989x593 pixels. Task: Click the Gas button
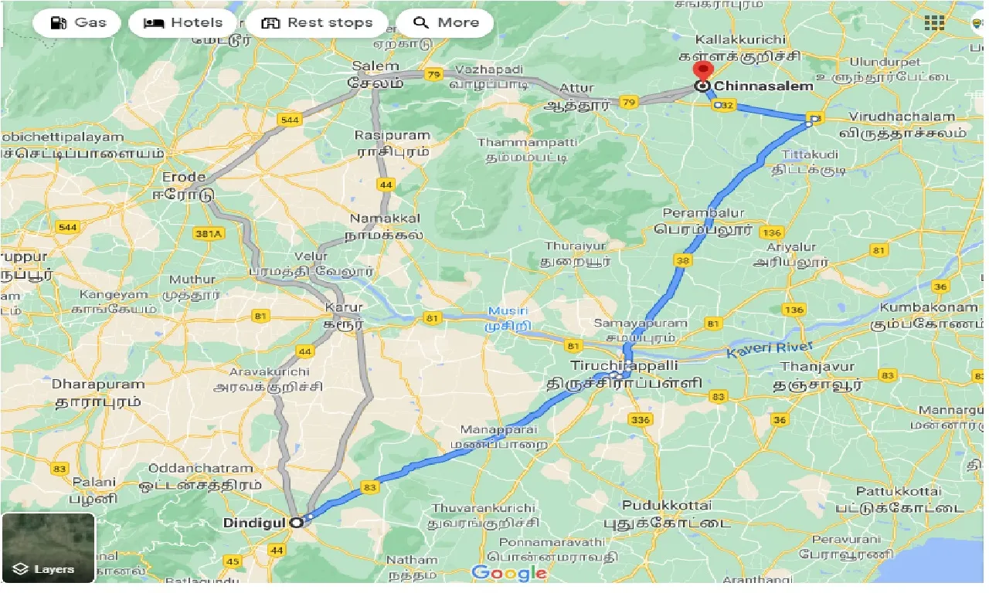tap(77, 22)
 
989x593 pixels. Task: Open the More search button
tap(446, 22)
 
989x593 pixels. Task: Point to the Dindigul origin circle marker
tap(296, 523)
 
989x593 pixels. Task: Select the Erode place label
tap(184, 177)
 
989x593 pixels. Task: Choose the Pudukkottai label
tap(668, 505)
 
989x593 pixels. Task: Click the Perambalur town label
tap(704, 213)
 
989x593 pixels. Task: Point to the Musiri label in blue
tap(506, 311)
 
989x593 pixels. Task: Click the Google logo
tap(508, 573)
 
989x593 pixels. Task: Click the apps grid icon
tap(934, 22)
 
